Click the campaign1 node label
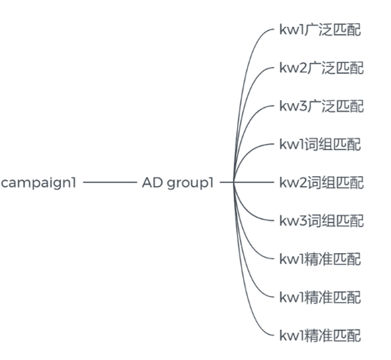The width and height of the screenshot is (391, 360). [x=38, y=183]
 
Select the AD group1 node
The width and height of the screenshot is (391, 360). [x=178, y=183]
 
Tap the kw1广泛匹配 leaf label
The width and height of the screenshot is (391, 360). [x=320, y=29]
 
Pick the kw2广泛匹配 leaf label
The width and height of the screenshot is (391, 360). [x=322, y=68]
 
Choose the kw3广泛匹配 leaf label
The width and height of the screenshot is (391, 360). [x=322, y=106]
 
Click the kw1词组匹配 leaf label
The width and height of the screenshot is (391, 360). [x=320, y=145]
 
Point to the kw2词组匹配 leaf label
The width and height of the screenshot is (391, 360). [x=322, y=182]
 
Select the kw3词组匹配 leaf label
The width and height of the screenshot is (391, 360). [x=322, y=221]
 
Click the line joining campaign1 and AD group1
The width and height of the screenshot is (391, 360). [x=110, y=182]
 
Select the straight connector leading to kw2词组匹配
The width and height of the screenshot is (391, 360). [x=247, y=182]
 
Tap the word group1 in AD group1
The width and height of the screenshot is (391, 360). [x=190, y=184]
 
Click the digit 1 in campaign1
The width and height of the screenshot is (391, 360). [x=73, y=182]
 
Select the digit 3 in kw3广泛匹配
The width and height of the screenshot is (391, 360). [x=302, y=106]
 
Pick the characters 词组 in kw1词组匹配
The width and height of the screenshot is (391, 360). [x=318, y=145]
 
